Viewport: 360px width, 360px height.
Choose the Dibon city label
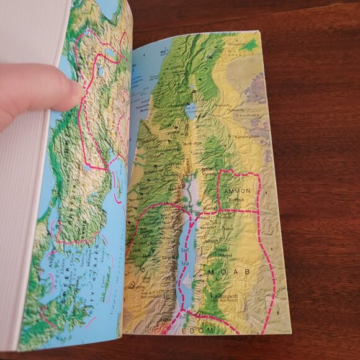pyautogui.click(x=221, y=250)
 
